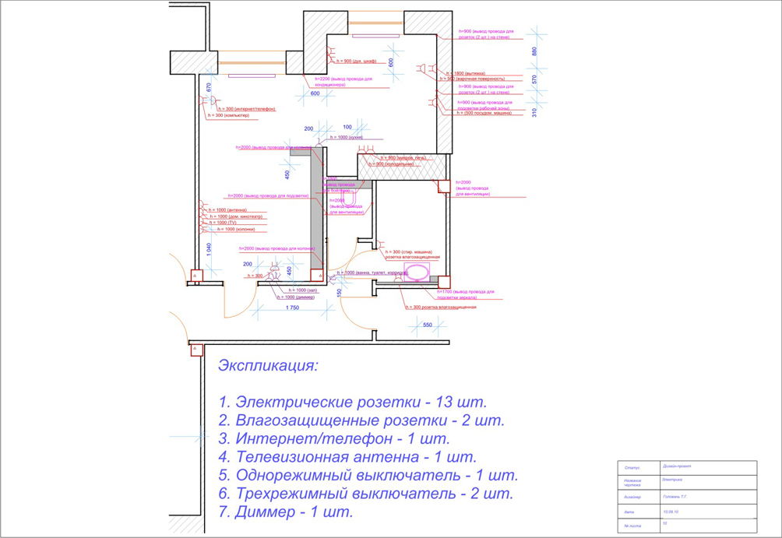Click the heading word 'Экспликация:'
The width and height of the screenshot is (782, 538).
[x=269, y=366]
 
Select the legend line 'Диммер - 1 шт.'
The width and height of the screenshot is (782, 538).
[x=286, y=512]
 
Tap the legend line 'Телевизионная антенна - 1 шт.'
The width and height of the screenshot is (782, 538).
[x=347, y=457]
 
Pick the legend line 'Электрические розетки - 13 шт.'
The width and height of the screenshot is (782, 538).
[x=353, y=403]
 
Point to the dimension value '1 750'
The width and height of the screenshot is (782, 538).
[x=292, y=308]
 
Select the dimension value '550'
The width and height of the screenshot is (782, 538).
[x=427, y=324]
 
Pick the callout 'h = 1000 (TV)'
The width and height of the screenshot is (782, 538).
[x=223, y=223]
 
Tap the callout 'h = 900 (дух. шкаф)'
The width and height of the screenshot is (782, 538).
[x=357, y=61]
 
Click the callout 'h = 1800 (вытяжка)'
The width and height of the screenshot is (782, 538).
[x=466, y=73]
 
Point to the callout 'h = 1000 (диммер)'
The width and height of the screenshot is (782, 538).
[x=294, y=297]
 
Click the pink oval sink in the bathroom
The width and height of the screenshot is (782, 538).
[x=417, y=272]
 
